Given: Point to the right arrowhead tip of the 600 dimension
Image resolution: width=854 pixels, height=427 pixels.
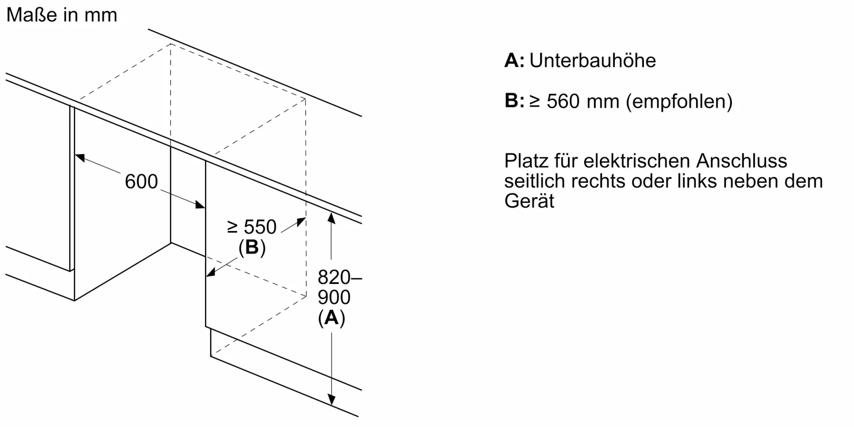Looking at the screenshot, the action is click(205, 208).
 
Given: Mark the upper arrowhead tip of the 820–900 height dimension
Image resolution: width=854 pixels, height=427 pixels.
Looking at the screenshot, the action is click(331, 212).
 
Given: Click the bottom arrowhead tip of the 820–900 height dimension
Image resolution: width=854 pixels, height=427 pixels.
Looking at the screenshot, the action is click(332, 406).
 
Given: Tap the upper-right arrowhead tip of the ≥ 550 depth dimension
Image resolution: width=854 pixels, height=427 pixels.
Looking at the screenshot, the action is click(306, 217).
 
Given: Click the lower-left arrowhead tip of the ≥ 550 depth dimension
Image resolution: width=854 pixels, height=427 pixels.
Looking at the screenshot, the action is click(206, 276).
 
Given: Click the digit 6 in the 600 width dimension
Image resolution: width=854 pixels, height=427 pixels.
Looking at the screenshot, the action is click(130, 181).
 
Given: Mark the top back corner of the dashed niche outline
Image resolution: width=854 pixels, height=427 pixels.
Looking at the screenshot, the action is click(170, 44).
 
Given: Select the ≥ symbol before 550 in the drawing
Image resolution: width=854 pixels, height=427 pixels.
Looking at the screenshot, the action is click(232, 227).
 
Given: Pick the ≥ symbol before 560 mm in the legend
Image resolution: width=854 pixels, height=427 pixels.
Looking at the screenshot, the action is click(535, 101).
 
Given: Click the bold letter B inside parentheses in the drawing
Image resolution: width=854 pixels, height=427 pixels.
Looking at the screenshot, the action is click(252, 247).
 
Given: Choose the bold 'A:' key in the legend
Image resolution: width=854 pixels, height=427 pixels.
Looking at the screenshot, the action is click(515, 60).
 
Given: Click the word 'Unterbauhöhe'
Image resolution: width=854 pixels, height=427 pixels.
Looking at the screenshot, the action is click(593, 60).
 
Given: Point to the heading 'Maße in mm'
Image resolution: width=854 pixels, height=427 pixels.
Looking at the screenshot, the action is click(62, 15).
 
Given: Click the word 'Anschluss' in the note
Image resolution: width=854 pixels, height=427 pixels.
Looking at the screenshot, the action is click(742, 161).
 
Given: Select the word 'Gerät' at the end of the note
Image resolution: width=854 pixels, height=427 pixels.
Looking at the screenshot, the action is click(529, 201).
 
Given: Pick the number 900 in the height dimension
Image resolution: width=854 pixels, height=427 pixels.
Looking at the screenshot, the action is click(334, 297).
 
